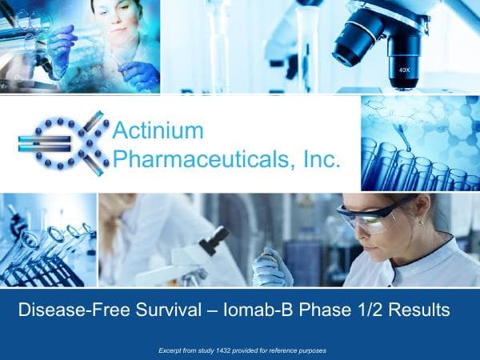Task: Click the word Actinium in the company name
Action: pyautogui.click(x=158, y=130)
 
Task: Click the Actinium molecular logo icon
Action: pyautogui.click(x=63, y=143)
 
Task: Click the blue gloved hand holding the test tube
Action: pyautogui.click(x=139, y=74)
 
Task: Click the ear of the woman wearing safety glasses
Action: pyautogui.click(x=418, y=220)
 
